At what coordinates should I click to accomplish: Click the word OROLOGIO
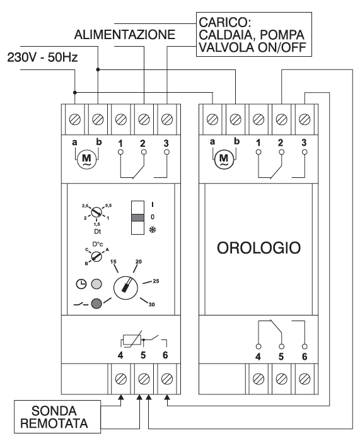258,248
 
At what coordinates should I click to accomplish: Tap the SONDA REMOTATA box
57,416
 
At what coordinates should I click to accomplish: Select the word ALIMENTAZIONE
124,35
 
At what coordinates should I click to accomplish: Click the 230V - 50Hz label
42,57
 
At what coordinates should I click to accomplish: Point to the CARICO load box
254,34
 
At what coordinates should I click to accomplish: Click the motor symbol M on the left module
86,159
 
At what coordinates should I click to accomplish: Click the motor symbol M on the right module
224,159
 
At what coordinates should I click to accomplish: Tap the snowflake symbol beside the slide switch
153,230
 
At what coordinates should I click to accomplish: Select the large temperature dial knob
125,288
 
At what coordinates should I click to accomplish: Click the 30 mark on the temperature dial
151,305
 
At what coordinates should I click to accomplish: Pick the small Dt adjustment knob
96,212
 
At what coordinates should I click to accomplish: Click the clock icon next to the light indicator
81,284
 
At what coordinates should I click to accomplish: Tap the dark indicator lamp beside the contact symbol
96,304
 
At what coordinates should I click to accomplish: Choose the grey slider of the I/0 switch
137,218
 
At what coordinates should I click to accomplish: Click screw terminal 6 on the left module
165,379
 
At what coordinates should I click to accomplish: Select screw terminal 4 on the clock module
258,379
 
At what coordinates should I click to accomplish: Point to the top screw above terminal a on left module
75,119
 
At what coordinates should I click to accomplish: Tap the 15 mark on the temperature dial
113,262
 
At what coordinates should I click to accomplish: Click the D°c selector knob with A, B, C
96,256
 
